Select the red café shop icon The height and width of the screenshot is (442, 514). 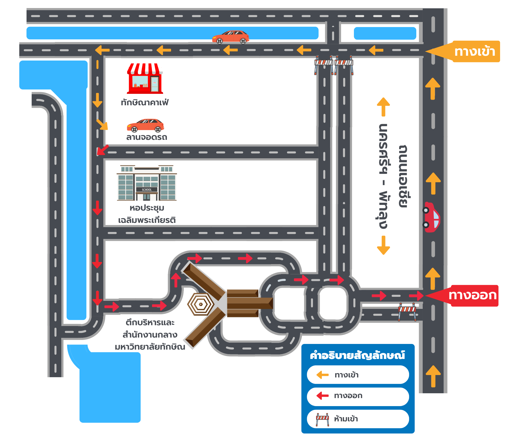tap(145, 79)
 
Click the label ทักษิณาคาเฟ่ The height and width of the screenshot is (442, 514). tap(145, 102)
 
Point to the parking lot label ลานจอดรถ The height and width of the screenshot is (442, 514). tap(146, 137)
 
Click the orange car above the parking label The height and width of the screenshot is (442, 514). tap(145, 125)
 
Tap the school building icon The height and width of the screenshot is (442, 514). tap(147, 183)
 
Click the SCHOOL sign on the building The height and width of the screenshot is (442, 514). tap(147, 190)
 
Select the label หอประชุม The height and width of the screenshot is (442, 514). tap(147, 208)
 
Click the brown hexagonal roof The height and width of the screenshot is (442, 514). tap(201, 304)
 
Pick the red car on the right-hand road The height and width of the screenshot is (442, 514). tap(431, 217)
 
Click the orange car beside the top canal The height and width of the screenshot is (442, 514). tap(231, 37)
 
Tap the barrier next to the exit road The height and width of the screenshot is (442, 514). tap(407, 312)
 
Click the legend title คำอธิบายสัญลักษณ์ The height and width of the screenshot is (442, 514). tap(357, 355)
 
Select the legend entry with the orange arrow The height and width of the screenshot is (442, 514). tap(358, 375)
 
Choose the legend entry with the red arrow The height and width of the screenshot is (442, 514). tap(358, 396)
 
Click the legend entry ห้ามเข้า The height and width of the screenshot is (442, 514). tap(358, 419)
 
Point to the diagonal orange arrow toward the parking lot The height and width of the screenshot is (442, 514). tap(102, 125)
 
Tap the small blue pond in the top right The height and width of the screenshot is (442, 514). tap(385, 33)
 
